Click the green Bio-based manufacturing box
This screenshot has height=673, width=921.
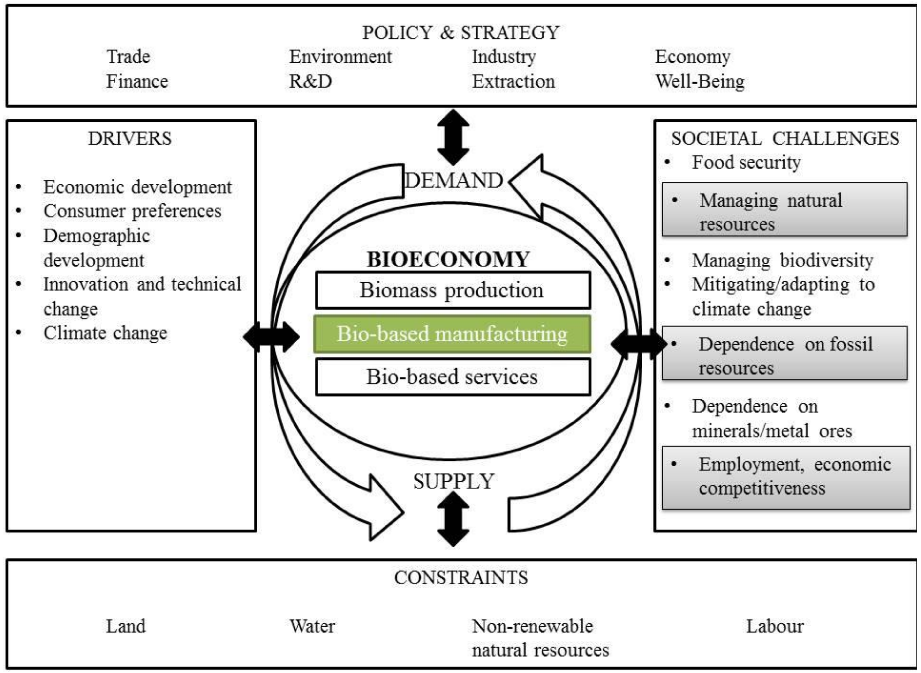point(452,334)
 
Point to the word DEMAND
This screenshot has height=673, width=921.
point(453,180)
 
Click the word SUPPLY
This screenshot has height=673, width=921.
point(454,481)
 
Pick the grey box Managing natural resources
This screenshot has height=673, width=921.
point(785,209)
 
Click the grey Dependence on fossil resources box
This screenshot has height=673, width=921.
point(785,353)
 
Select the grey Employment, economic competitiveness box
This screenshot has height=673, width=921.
point(786,477)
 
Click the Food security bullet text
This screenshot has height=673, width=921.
point(746,162)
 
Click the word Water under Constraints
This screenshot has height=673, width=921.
point(312,626)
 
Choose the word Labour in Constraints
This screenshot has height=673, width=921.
point(775,626)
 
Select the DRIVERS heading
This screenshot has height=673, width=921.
point(130,139)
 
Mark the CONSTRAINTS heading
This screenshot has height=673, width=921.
point(461,578)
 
